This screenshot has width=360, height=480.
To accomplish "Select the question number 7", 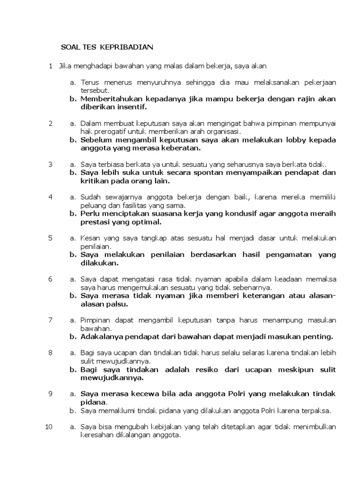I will tap(50, 320).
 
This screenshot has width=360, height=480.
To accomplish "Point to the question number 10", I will tap(49, 427).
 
